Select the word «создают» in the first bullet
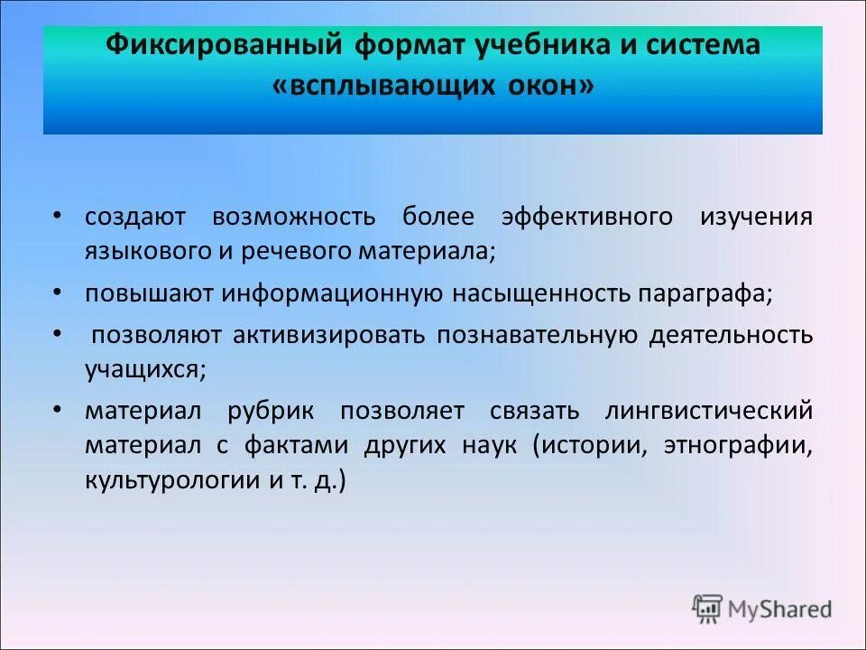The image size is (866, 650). click(135, 218)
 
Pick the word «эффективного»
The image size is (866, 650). click(586, 218)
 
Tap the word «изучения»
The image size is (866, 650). click(756, 218)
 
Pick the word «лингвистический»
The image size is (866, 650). click(710, 412)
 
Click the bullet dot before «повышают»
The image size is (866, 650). click(57, 292)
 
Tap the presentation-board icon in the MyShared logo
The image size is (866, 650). click(708, 608)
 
